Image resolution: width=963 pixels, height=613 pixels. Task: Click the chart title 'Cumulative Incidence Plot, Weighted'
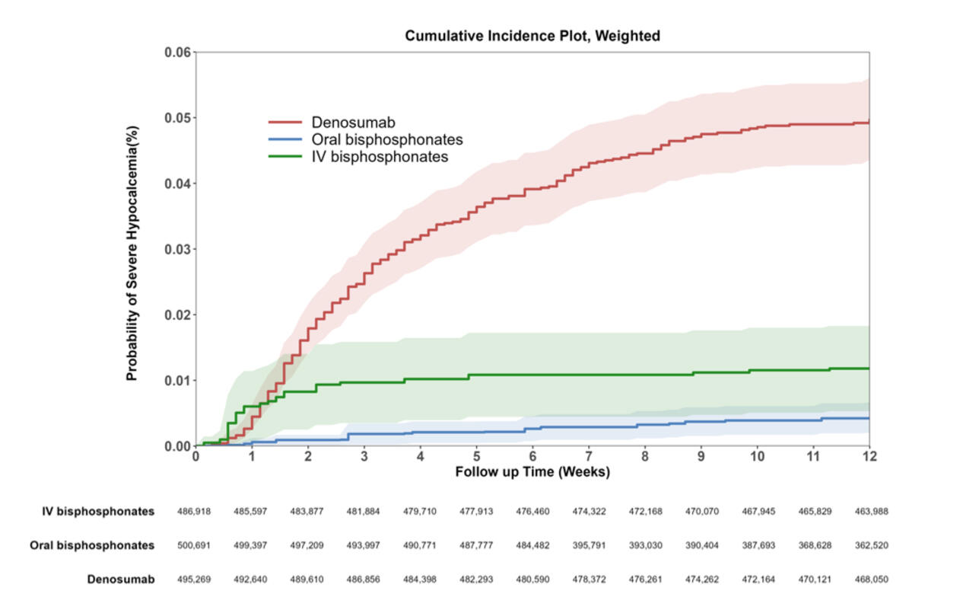point(532,36)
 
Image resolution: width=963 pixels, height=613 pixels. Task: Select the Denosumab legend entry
point(352,122)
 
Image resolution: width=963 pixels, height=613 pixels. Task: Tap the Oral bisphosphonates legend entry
point(386,139)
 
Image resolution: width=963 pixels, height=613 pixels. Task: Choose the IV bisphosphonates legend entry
point(379,157)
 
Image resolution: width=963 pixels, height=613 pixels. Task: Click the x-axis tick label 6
point(532,456)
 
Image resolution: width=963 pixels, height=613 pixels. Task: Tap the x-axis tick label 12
point(869,456)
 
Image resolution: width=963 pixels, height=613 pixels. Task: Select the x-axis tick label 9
point(701,456)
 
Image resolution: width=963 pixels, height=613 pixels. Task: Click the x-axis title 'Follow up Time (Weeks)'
point(532,472)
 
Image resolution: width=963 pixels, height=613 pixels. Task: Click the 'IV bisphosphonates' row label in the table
point(98,512)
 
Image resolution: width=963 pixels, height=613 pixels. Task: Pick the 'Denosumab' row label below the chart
point(121,579)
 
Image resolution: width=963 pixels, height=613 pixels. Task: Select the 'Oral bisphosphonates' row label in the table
point(92,546)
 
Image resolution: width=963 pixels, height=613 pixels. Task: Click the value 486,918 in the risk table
point(194,512)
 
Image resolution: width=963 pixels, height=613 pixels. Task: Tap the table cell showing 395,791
point(589,546)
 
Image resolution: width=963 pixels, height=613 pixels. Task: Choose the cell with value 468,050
point(870,579)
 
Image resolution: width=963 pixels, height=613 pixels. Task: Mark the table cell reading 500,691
point(194,546)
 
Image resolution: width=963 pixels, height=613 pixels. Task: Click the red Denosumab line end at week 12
point(867,123)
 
